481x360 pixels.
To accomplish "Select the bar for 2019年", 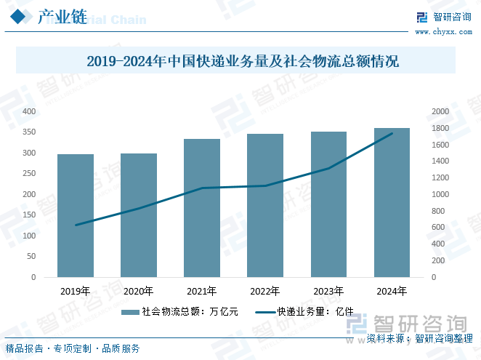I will pos(76,215).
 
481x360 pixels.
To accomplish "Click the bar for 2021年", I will pos(202,208).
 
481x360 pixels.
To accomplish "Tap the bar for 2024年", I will pos(392,203).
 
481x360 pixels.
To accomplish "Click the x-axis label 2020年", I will pos(139,291).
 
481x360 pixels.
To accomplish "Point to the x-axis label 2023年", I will pos(328,291).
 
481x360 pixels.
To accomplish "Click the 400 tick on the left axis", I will pos(29,111).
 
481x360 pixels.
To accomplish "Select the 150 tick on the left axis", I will pos(29,215).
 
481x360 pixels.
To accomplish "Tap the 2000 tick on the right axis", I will pos(440,111).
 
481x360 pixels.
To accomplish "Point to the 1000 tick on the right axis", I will pos(440,194).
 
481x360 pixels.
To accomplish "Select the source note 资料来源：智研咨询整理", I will pos(419,339).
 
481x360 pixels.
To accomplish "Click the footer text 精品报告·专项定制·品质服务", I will pos(73,348).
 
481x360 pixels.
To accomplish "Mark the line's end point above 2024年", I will pos(392,133).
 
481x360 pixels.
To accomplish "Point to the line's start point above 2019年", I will pos(76,225).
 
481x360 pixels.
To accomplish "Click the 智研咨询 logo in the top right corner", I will pos(442,17).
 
